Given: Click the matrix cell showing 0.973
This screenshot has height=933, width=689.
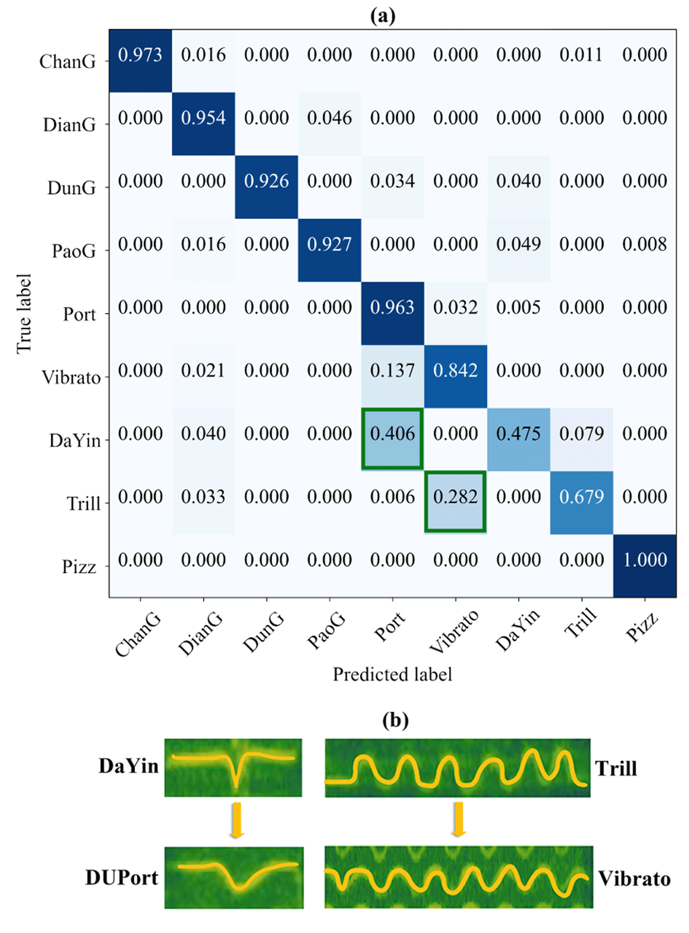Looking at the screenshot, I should (140, 60).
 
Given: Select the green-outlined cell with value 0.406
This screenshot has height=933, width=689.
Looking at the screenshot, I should (392, 439).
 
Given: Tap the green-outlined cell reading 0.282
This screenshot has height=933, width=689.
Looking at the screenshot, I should (455, 502).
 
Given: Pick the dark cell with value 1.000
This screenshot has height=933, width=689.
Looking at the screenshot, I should (644, 566).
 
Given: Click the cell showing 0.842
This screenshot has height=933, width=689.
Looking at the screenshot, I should (455, 376).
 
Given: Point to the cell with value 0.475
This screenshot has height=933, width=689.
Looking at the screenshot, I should (518, 439).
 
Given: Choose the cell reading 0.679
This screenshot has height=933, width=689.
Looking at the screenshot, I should (581, 502).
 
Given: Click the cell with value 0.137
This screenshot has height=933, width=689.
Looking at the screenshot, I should (392, 376).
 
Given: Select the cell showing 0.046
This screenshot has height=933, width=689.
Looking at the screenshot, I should (330, 124).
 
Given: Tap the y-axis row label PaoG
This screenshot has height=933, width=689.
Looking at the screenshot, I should (73, 251).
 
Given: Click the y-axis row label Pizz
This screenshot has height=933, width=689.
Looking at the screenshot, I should (79, 567).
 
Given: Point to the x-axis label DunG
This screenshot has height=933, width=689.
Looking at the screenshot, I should (264, 632).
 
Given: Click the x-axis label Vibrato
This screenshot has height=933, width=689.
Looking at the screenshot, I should (454, 632).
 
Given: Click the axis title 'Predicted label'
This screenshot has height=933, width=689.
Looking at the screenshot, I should (392, 674).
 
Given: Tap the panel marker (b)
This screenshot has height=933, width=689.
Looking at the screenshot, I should (395, 720).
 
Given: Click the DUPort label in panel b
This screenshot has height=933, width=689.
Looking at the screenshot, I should (122, 878).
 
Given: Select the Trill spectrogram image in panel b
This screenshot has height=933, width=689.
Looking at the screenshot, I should (457, 768).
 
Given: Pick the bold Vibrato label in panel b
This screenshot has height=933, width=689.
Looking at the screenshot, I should (634, 879).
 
